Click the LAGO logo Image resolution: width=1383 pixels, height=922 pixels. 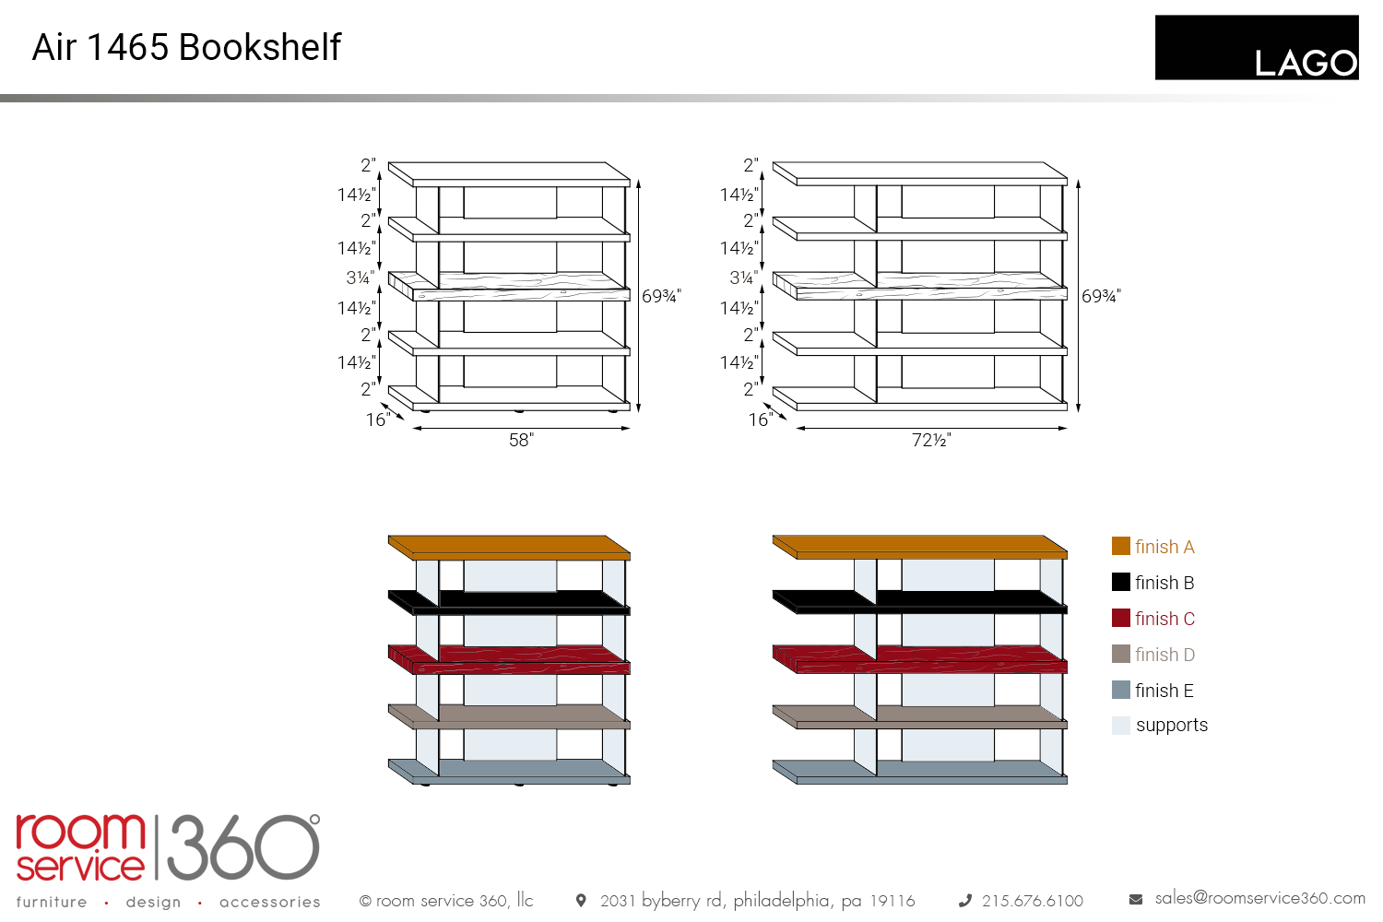point(1257,48)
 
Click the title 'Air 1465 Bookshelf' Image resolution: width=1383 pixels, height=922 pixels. point(186,47)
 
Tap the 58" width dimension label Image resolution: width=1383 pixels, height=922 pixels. point(521,440)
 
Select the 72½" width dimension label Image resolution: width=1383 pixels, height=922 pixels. point(931,440)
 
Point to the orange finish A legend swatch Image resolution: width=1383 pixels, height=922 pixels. point(1120,546)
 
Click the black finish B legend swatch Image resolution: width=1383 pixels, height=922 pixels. point(1120,582)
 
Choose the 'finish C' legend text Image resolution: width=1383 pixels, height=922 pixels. point(1164,618)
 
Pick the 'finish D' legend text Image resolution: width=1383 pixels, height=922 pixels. point(1164,654)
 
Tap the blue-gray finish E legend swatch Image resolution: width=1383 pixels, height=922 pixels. point(1120,690)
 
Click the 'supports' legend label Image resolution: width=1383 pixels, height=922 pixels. point(1172,725)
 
